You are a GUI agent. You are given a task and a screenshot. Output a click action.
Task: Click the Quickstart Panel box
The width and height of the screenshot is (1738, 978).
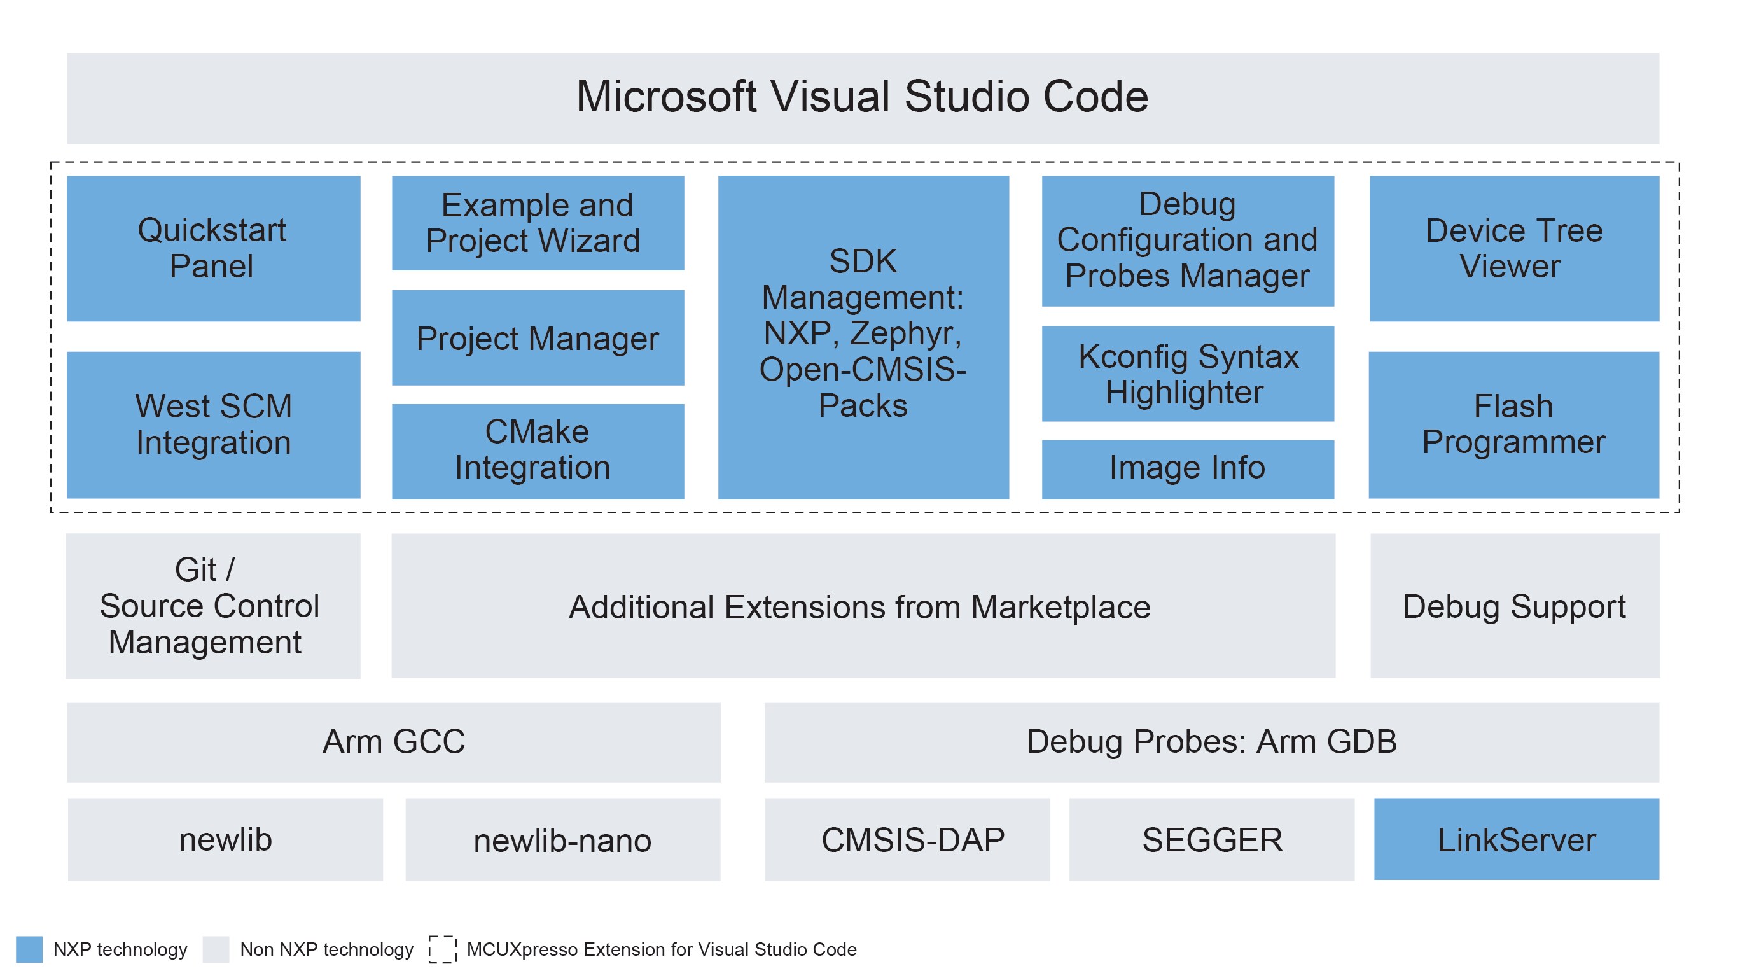pyautogui.click(x=213, y=248)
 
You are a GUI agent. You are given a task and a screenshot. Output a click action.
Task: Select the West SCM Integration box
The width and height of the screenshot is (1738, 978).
pyautogui.click(x=213, y=424)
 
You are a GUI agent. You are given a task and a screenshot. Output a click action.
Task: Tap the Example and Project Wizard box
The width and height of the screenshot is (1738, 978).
pyautogui.click(x=538, y=223)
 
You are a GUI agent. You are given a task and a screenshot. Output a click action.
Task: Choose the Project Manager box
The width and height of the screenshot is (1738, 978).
pyautogui.click(x=538, y=338)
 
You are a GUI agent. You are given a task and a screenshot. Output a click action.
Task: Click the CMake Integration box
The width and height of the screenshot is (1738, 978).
pyautogui.click(x=538, y=451)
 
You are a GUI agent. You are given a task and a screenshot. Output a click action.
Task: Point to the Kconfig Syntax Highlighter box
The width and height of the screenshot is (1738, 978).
pyautogui.click(x=1188, y=374)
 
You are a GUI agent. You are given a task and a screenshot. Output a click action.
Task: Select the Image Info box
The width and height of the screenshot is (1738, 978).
pyautogui.click(x=1188, y=468)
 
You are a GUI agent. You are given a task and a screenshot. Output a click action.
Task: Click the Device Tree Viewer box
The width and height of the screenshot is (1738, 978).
pyautogui.click(x=1513, y=248)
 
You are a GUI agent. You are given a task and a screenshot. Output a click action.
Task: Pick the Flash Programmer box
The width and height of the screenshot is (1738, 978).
pyautogui.click(x=1513, y=424)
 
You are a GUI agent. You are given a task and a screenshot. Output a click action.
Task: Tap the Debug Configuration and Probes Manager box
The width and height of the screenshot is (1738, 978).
pyautogui.click(x=1188, y=241)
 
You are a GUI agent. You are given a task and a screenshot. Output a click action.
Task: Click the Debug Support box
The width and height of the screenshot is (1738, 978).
pyautogui.click(x=1515, y=606)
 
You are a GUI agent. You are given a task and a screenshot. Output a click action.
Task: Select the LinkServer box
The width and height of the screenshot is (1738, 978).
pyautogui.click(x=1516, y=840)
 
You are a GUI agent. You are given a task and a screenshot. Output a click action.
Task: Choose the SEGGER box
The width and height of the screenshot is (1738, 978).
pyautogui.click(x=1212, y=840)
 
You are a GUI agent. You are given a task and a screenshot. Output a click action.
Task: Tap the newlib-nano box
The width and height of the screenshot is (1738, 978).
pyautogui.click(x=563, y=840)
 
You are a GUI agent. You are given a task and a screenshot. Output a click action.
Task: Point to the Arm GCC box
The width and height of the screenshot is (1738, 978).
pyautogui.click(x=393, y=742)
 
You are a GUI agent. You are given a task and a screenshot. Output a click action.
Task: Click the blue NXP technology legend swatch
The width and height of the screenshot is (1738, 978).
pyautogui.click(x=29, y=949)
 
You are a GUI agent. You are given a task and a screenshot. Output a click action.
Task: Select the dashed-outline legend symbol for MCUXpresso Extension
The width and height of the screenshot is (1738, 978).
pyautogui.click(x=443, y=949)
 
